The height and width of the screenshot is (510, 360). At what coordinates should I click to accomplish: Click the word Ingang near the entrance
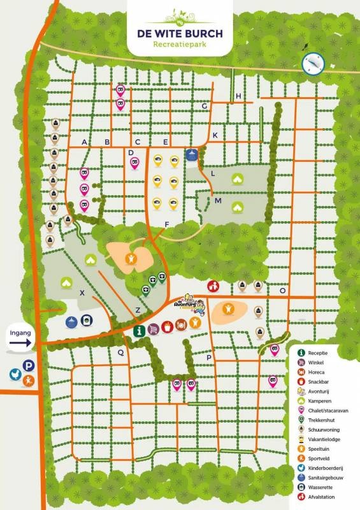point(20,332)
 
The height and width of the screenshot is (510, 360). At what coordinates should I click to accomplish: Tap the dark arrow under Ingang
point(20,344)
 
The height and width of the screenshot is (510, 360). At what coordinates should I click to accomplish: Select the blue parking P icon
point(29,366)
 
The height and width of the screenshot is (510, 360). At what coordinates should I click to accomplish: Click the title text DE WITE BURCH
point(180,33)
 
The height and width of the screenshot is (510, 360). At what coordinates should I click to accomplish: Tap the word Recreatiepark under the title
point(180,45)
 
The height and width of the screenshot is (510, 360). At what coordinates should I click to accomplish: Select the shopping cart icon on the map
point(154,329)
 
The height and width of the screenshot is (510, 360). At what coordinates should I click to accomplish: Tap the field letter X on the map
point(82,293)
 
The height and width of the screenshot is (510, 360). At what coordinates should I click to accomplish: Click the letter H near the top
point(238,96)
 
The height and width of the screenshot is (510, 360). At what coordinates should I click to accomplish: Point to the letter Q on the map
point(120,352)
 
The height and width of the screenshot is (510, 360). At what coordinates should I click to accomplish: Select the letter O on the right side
point(282,290)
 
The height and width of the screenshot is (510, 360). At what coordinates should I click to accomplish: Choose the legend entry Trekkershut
point(323,419)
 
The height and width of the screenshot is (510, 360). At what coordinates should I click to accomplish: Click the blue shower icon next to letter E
point(191,154)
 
